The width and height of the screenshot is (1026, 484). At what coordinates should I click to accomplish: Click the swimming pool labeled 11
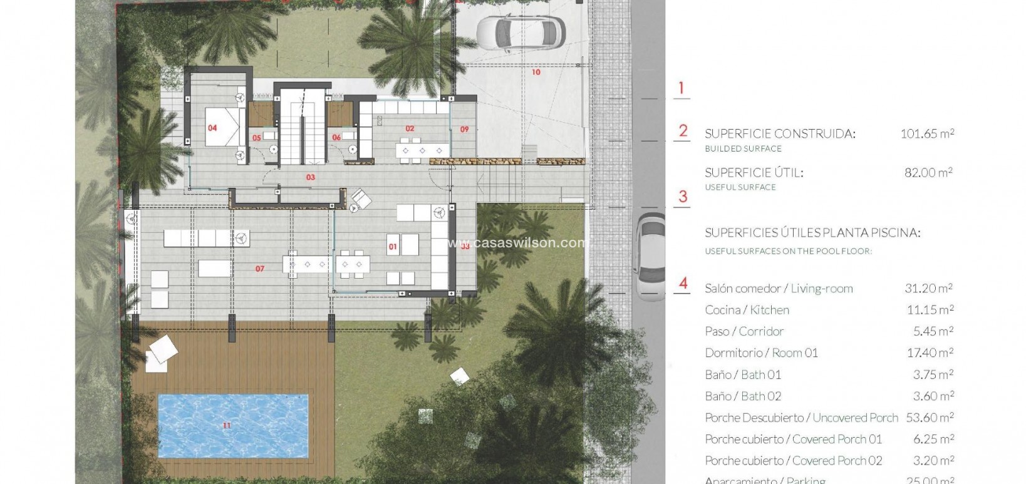232,426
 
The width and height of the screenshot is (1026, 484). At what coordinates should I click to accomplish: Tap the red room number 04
212,128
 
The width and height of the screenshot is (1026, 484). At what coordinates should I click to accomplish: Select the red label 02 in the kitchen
410,128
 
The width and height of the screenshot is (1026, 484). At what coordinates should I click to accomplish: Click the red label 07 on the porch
260,269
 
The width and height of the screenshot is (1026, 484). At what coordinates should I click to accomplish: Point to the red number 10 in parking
536,73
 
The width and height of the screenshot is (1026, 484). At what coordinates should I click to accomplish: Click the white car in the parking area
520,33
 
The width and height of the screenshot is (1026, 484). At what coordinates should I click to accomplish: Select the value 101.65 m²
927,133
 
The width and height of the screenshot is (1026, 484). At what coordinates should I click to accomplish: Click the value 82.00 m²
928,172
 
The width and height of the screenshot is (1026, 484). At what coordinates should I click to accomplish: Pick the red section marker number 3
683,197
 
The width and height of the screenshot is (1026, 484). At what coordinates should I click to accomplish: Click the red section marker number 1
681,88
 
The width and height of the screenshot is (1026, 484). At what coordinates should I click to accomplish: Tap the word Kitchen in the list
769,310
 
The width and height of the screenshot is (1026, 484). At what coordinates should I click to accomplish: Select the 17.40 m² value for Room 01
930,353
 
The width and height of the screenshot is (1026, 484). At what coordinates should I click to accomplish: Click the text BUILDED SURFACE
743,148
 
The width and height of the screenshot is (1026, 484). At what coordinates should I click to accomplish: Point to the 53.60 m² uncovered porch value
930,418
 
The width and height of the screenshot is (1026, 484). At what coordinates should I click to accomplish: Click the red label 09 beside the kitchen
464,130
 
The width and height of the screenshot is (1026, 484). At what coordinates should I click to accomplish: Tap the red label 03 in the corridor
311,177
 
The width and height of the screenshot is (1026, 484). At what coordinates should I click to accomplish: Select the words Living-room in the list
821,289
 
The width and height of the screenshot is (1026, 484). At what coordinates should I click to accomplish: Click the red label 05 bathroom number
257,138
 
